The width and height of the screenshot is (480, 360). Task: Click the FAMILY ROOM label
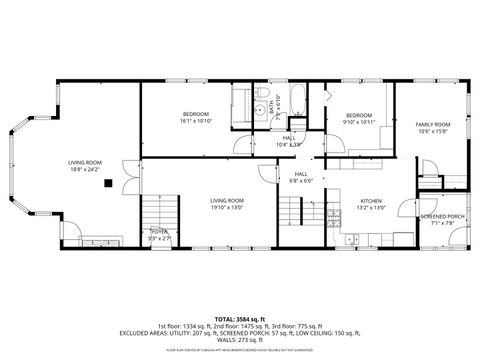433,124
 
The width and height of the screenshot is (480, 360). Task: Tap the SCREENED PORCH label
441,216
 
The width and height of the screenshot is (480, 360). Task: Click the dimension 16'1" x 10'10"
196,121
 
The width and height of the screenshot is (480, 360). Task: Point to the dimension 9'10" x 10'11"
359,121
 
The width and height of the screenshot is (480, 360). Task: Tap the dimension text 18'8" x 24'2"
85,170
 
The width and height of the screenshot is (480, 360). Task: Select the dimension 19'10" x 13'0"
227,207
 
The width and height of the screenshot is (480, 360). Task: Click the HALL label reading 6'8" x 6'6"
301,177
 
